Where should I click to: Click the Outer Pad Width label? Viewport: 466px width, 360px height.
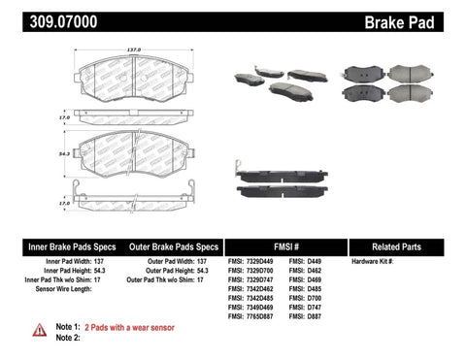166,262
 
